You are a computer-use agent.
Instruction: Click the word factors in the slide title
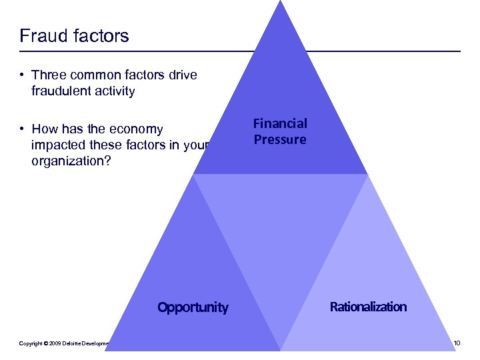coord(99,35)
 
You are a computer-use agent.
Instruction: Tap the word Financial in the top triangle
coord(280,123)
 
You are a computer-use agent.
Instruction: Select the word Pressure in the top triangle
coord(280,139)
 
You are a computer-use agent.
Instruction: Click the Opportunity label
coord(193,307)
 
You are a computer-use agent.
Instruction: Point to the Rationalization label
coord(368,307)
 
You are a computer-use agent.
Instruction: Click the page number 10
coord(456,343)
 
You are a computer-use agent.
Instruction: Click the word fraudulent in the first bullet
coord(60,91)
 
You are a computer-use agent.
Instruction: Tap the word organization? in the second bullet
coord(69,161)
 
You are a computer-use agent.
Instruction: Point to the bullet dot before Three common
coord(23,75)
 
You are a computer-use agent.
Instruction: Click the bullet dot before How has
coord(23,129)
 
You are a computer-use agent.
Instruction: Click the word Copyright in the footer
coord(30,343)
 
